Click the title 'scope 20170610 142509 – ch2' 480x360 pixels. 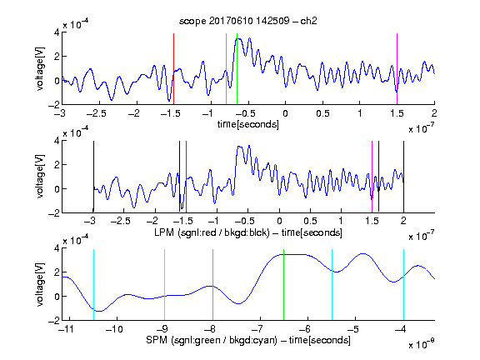click(x=248, y=21)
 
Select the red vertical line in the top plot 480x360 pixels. click(x=173, y=69)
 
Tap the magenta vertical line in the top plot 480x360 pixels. click(x=397, y=69)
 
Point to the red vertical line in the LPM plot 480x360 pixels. click(x=186, y=177)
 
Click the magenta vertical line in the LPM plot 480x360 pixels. click(x=372, y=177)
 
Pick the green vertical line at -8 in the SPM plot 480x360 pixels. click(x=212, y=285)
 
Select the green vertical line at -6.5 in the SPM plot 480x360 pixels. click(x=284, y=285)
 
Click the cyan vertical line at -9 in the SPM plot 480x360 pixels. click(x=165, y=285)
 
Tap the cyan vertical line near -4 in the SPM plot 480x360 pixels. click(x=404, y=285)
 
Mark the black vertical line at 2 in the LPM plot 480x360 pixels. click(x=404, y=177)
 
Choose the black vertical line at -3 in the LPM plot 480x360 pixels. click(x=93, y=177)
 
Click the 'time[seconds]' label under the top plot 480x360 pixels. click(x=248, y=124)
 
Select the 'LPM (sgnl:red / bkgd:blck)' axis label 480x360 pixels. click(x=212, y=232)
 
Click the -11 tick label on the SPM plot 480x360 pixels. click(x=66, y=329)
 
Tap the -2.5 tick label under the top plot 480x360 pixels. click(x=96, y=113)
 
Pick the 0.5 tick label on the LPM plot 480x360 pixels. click(x=310, y=221)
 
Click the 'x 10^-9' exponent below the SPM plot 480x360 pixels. click(x=422, y=344)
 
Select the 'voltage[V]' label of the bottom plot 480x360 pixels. click(x=40, y=285)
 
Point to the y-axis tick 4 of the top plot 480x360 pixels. click(x=57, y=32)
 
